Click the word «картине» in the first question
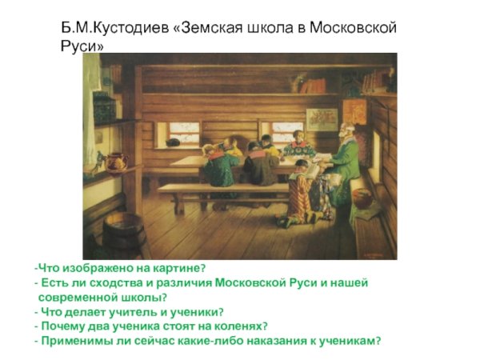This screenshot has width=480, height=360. coord(180,268)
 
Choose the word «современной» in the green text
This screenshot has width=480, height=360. coord(77,297)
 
